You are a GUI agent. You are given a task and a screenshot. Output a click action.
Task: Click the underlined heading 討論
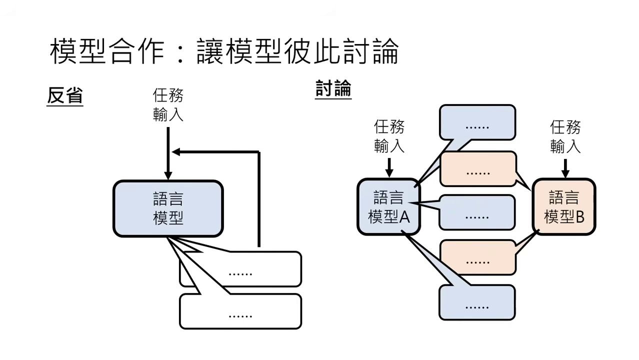333,89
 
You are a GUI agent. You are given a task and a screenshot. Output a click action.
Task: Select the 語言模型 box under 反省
168,208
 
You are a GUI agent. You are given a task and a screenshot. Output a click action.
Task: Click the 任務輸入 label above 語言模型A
389,136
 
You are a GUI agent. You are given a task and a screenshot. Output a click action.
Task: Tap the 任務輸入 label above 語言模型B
565,136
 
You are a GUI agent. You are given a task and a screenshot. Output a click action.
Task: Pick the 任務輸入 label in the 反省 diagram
168,105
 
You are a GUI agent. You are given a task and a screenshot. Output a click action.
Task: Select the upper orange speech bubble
477,169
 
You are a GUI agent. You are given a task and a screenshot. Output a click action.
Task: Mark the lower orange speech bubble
477,257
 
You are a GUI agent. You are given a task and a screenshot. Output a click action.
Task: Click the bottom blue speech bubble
477,302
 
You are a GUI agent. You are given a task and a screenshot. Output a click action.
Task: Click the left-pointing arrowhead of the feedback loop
175,151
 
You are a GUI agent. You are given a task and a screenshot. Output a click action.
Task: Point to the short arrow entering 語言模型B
565,168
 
